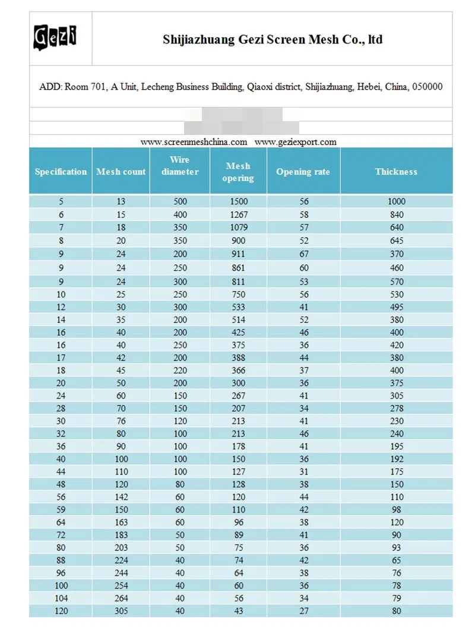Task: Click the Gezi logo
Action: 55,37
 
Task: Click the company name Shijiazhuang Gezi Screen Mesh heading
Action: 273,40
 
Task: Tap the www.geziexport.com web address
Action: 296,142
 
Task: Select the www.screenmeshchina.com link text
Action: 194,142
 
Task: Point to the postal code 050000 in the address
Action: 427,87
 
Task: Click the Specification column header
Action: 61,172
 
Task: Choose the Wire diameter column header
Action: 179,166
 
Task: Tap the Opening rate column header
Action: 303,172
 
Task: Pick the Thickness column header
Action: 396,172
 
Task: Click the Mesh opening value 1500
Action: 238,202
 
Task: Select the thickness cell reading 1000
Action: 397,202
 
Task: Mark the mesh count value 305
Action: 121,611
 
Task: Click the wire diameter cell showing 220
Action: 179,371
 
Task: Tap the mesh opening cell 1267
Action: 238,214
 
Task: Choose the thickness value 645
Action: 397,240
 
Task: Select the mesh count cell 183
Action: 121,535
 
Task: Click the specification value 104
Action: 61,598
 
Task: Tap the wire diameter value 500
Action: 179,202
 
